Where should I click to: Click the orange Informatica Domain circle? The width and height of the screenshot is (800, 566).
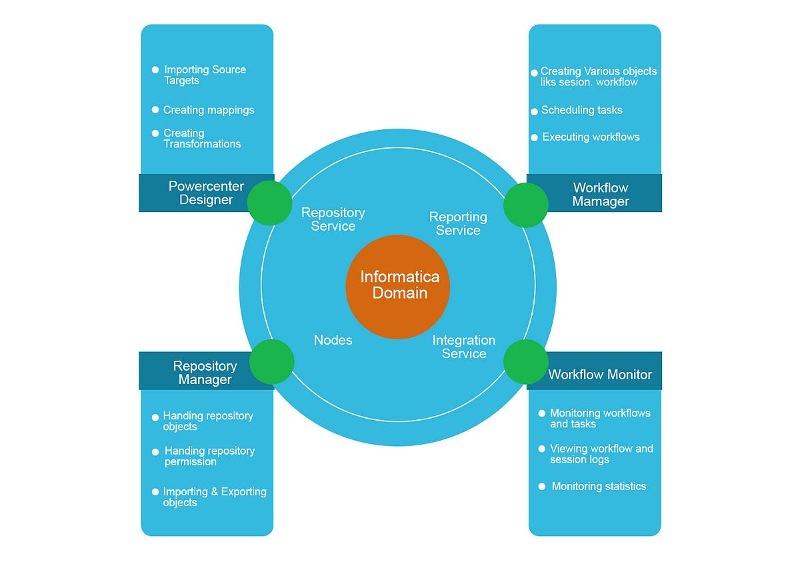(x=398, y=287)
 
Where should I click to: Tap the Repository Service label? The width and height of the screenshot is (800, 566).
(x=333, y=219)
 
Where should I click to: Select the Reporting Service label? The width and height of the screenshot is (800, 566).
(x=458, y=223)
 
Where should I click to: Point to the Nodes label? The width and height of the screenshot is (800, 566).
(x=333, y=340)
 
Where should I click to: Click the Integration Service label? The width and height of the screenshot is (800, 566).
(x=464, y=347)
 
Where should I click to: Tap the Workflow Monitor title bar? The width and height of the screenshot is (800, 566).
(x=600, y=374)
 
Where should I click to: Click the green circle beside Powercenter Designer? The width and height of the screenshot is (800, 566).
(x=269, y=202)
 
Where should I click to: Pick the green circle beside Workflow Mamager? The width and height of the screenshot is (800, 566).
(x=525, y=205)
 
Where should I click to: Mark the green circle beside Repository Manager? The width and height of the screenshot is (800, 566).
(x=272, y=361)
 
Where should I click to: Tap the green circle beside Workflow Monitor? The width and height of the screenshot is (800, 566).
(x=525, y=361)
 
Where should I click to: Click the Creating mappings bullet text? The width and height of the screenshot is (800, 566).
(x=209, y=110)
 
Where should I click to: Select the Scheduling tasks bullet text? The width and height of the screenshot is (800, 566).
(x=581, y=110)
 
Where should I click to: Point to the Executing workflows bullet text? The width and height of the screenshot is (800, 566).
(x=591, y=137)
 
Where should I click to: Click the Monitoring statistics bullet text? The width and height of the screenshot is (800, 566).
(x=599, y=486)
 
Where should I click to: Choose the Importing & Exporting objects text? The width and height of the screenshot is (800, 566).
(x=215, y=497)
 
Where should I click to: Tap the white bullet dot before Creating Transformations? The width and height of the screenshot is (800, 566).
(x=155, y=133)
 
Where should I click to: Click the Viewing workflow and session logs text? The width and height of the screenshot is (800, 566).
(x=601, y=454)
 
